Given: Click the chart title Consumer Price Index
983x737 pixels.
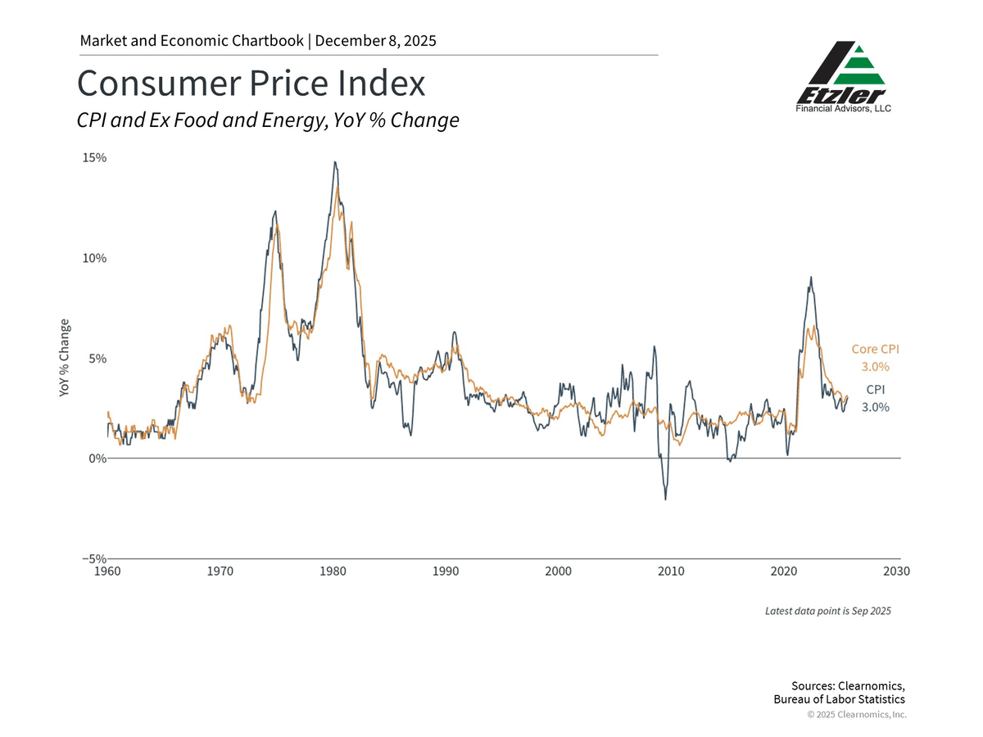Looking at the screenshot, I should click(x=251, y=84).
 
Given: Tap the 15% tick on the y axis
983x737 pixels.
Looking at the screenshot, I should click(x=95, y=157).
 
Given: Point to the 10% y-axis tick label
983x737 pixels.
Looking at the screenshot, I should click(x=95, y=258).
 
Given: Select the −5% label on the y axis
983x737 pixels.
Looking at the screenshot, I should click(x=93, y=558).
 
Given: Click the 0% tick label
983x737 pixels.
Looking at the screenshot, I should click(x=98, y=459).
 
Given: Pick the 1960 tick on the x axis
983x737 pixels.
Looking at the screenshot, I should click(x=108, y=571).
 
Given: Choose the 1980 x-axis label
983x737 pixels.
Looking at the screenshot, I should click(x=333, y=571).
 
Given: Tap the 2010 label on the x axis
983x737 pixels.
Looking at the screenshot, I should click(x=671, y=571).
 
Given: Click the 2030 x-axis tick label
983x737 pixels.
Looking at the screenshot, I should click(x=896, y=571).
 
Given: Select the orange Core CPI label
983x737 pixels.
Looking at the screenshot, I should click(x=876, y=349).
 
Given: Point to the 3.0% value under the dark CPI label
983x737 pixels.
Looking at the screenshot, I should click(x=876, y=407).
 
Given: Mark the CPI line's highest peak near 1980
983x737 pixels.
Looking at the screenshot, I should click(x=334, y=162).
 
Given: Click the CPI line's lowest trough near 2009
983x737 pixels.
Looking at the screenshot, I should click(x=665, y=500).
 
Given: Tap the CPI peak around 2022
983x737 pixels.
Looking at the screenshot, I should click(x=811, y=277).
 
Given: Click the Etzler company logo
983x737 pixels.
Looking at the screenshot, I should click(x=844, y=76).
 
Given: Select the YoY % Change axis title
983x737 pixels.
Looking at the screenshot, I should click(x=65, y=359).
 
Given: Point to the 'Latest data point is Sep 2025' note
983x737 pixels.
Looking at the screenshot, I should click(x=827, y=611).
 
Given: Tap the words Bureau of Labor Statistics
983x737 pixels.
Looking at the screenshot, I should click(x=839, y=699).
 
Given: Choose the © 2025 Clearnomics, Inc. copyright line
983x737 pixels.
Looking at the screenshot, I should click(x=857, y=715).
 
